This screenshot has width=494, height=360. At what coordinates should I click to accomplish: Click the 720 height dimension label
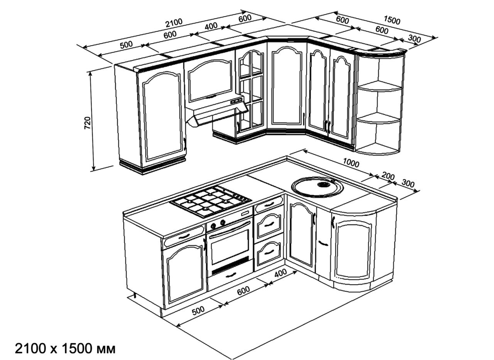[x=88, y=123]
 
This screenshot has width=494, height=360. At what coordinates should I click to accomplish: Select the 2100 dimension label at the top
[x=174, y=22]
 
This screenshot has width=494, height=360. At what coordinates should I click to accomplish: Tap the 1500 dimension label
[x=392, y=20]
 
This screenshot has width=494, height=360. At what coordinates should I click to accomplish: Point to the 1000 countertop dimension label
[x=351, y=163]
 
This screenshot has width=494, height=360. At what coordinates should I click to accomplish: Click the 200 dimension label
[x=388, y=176]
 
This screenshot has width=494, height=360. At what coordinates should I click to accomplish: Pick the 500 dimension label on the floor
[x=198, y=311]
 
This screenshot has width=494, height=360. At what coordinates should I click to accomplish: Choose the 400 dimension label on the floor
[x=281, y=273]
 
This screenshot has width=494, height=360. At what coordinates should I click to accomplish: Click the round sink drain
[x=324, y=184]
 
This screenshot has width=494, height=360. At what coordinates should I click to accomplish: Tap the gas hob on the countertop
[x=211, y=201]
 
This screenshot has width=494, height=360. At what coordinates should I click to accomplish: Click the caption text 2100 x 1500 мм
[x=65, y=349]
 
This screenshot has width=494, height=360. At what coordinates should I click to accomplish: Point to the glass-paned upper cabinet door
[x=251, y=91]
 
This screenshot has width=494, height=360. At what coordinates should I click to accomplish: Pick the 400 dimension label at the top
[x=211, y=26]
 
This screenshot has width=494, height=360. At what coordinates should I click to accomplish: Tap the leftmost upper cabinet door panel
[x=163, y=117]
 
